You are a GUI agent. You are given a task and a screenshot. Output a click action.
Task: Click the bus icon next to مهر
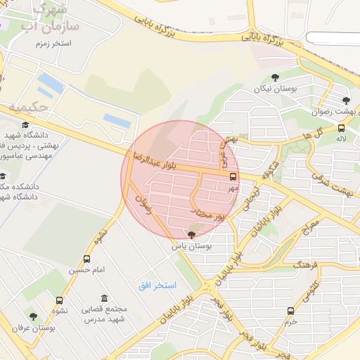233,178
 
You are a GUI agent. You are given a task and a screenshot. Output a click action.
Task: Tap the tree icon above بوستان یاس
192,235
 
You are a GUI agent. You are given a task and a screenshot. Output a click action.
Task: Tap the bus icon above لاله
341,129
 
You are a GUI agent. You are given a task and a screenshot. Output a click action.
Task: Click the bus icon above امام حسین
87,259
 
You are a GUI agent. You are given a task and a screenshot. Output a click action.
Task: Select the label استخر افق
157,287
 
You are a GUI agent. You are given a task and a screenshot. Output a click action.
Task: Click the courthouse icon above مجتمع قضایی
104,298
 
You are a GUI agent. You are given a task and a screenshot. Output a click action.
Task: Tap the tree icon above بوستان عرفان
32,316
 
